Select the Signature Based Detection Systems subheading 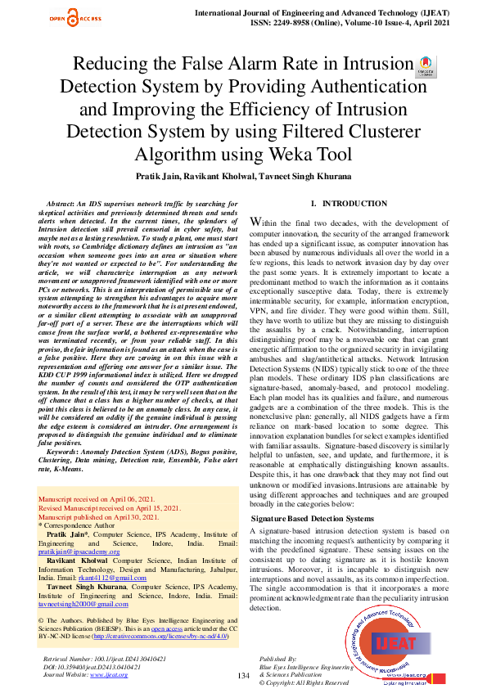(x=312, y=519)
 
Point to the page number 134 (x=243, y=675)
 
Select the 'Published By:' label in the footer (x=277, y=658)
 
